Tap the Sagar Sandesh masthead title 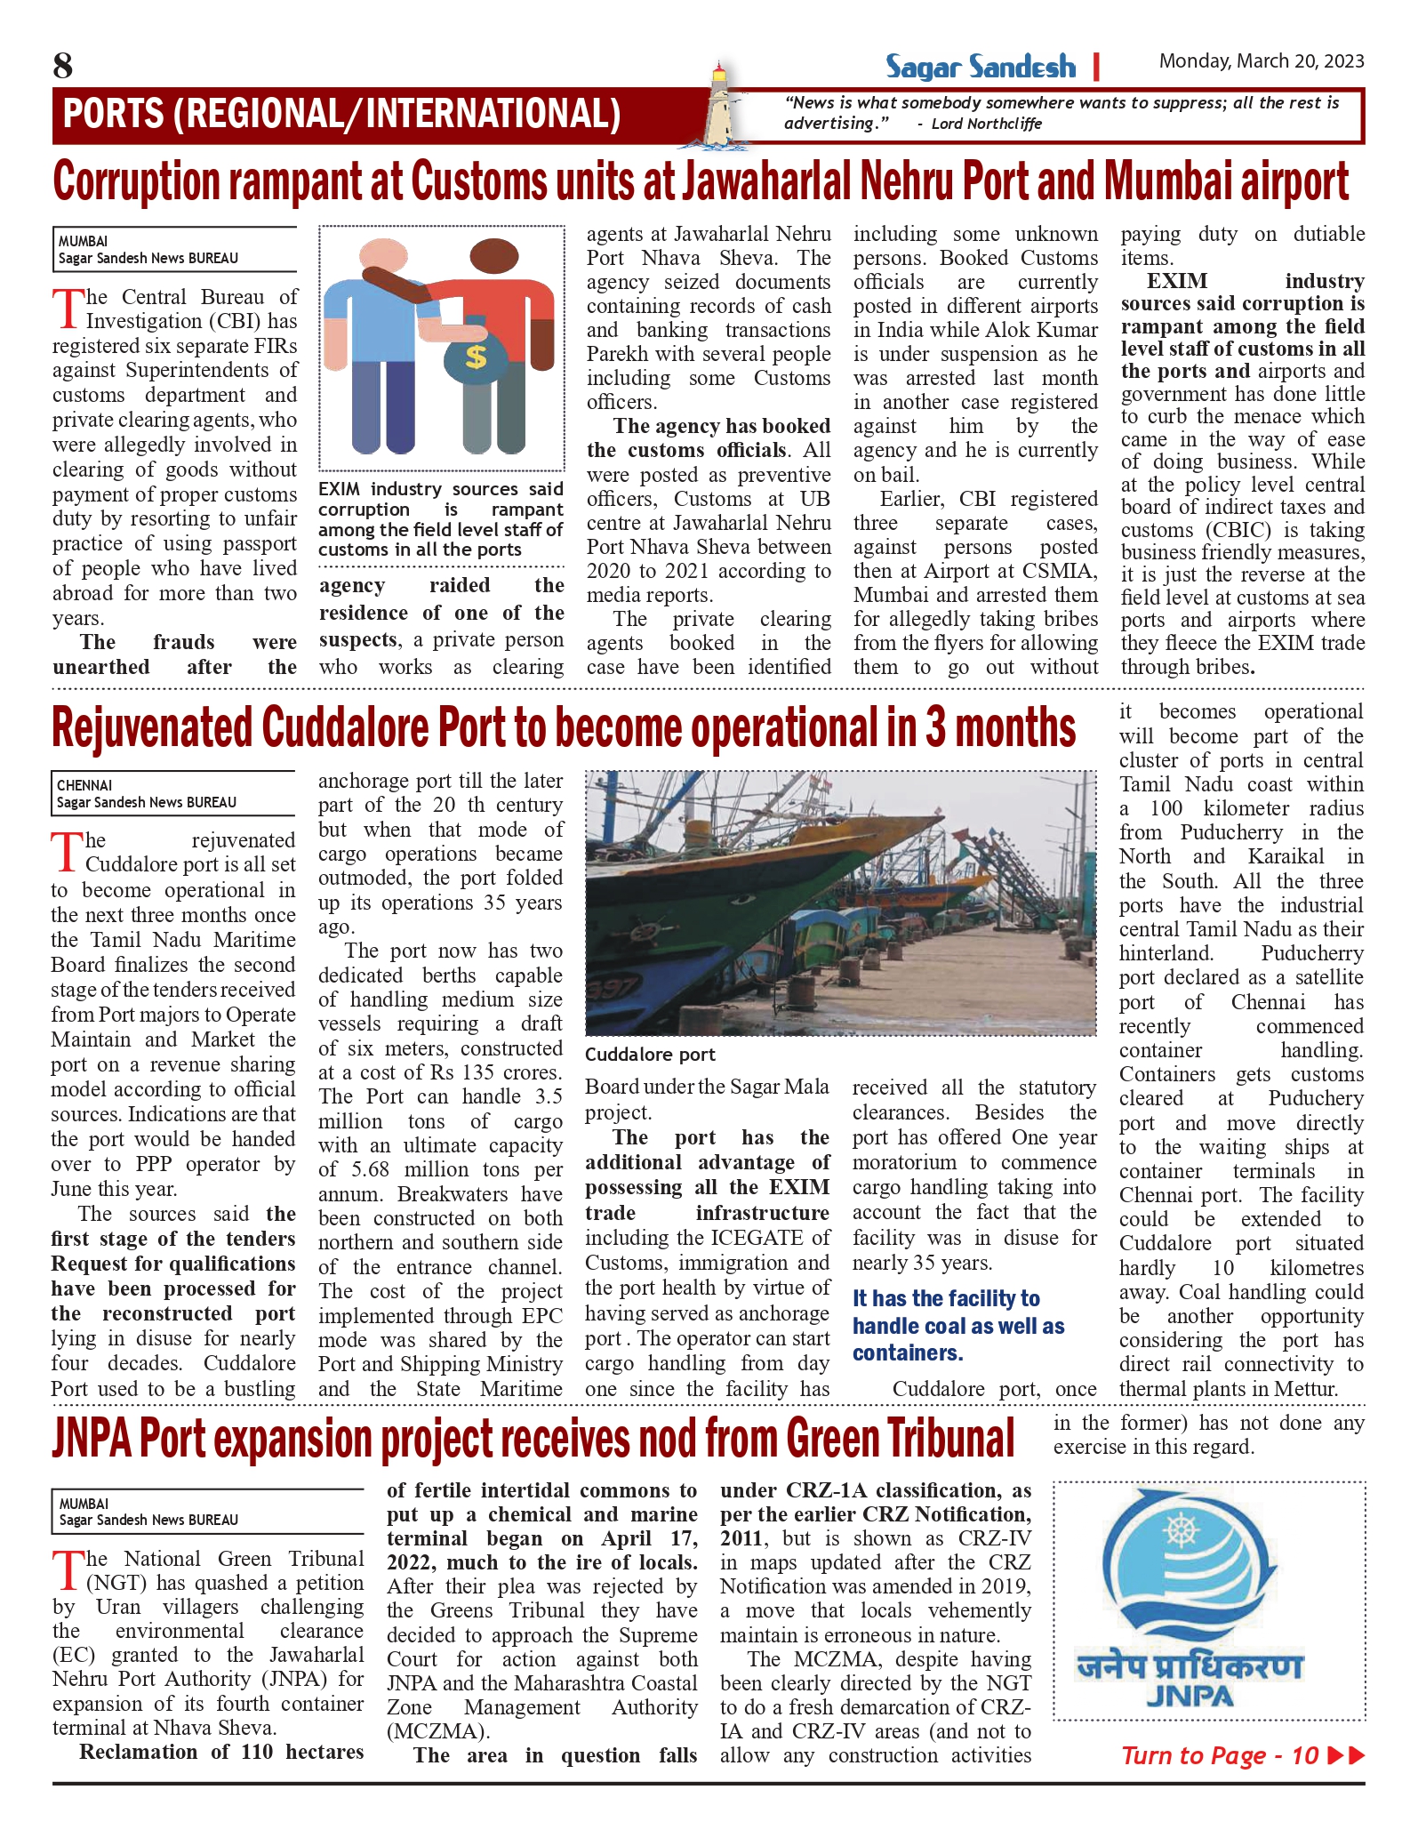980,67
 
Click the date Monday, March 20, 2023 1261,61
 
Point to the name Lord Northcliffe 986,124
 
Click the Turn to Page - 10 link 1241,1754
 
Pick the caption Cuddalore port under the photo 650,1055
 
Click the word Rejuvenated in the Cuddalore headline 153,728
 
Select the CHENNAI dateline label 85,785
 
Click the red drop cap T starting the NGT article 68,1570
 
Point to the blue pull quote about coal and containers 958,1326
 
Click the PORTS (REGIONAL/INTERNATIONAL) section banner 342,114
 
